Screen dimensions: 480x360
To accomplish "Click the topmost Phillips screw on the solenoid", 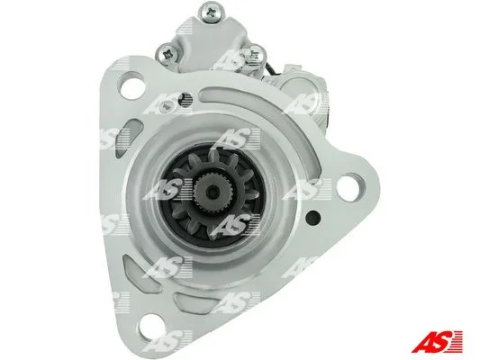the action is point(212,13).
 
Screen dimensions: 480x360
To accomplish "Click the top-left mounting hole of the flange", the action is point(132,85).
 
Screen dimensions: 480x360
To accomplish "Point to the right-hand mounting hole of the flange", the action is point(349,187).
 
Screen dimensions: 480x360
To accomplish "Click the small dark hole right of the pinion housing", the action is point(313,217).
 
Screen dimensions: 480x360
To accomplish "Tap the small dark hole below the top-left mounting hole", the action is point(186,99).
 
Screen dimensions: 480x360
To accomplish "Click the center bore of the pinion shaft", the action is point(212,192).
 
